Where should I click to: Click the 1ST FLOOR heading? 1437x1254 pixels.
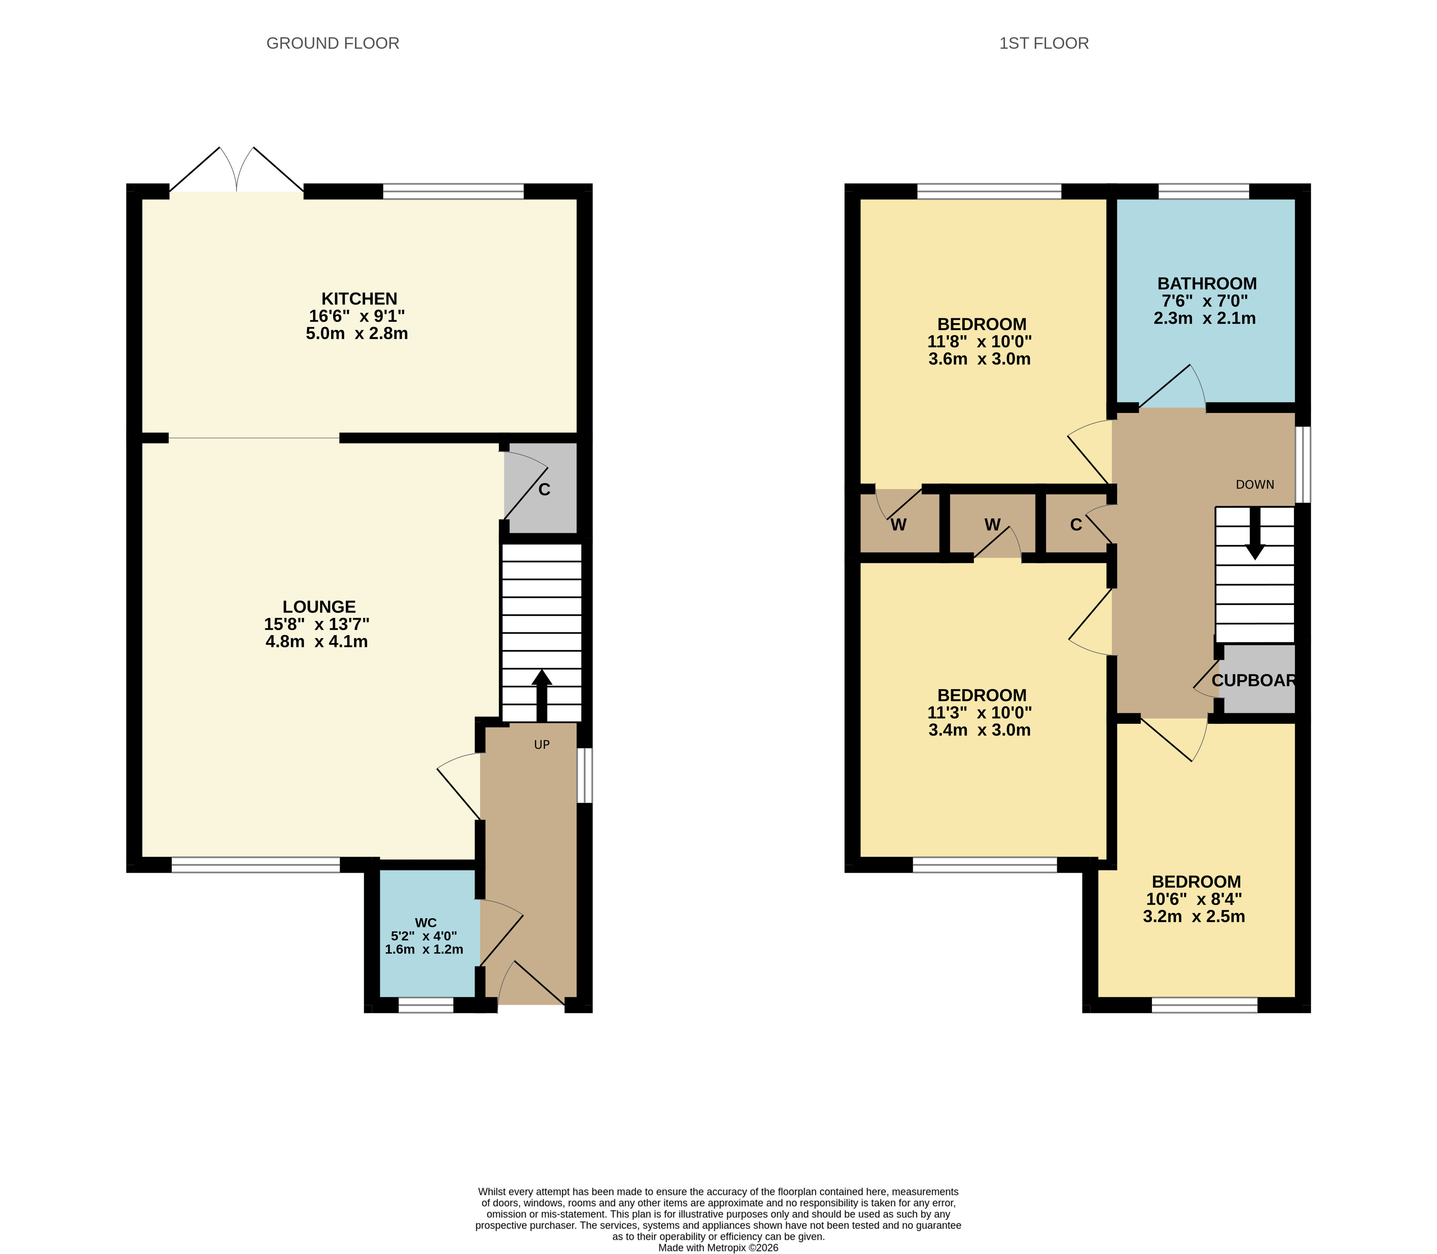pos(1044,43)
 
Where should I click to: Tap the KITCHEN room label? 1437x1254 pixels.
pos(359,299)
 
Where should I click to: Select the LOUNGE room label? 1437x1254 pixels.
pos(319,607)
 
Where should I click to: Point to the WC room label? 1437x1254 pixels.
pos(426,923)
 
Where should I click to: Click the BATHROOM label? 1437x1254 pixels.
pos(1207,283)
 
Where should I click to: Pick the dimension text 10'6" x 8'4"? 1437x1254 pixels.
pos(1194,899)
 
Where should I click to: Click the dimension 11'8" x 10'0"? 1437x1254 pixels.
pos(980,342)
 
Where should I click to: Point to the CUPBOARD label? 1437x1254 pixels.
pos(1253,680)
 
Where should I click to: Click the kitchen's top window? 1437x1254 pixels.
pos(454,191)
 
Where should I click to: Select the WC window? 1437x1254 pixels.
pos(426,1005)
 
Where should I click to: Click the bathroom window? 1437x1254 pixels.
pos(1204,191)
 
